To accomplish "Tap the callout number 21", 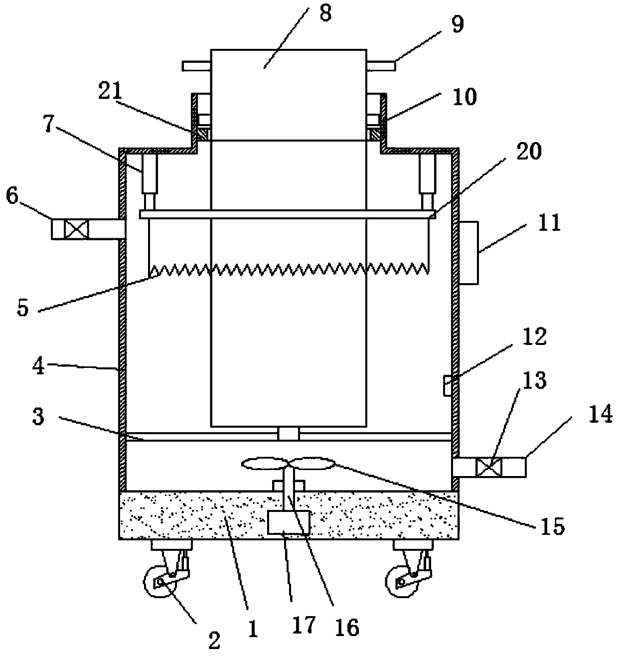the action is click(x=110, y=91).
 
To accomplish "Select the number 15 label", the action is click(x=552, y=526).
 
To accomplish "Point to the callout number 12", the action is click(x=534, y=337).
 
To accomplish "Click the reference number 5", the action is click(x=22, y=308).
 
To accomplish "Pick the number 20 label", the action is click(x=528, y=151).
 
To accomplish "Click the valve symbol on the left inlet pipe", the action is click(x=76, y=229).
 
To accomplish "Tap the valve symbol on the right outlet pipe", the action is click(x=488, y=467).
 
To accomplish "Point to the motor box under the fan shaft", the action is click(x=289, y=522).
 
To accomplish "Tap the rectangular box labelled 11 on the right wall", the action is click(x=468, y=253).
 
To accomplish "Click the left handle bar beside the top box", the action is click(x=196, y=66).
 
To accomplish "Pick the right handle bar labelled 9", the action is click(x=381, y=66).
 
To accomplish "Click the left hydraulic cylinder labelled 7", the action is click(x=150, y=181).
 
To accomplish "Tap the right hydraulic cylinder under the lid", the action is click(x=428, y=181).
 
